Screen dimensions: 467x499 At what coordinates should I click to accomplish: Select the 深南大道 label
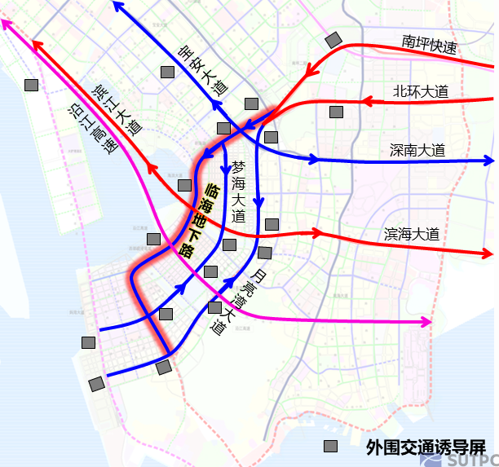[417, 150]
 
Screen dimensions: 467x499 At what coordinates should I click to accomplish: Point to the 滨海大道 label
[412, 234]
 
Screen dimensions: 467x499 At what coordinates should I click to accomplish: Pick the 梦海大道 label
[238, 192]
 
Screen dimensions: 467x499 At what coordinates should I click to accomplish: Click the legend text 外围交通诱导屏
[425, 447]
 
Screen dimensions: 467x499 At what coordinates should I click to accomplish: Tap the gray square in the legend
[331, 447]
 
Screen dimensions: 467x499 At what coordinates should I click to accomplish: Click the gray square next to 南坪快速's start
[333, 40]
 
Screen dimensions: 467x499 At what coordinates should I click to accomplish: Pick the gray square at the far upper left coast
[32, 85]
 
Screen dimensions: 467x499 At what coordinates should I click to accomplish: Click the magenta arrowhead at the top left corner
[7, 23]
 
